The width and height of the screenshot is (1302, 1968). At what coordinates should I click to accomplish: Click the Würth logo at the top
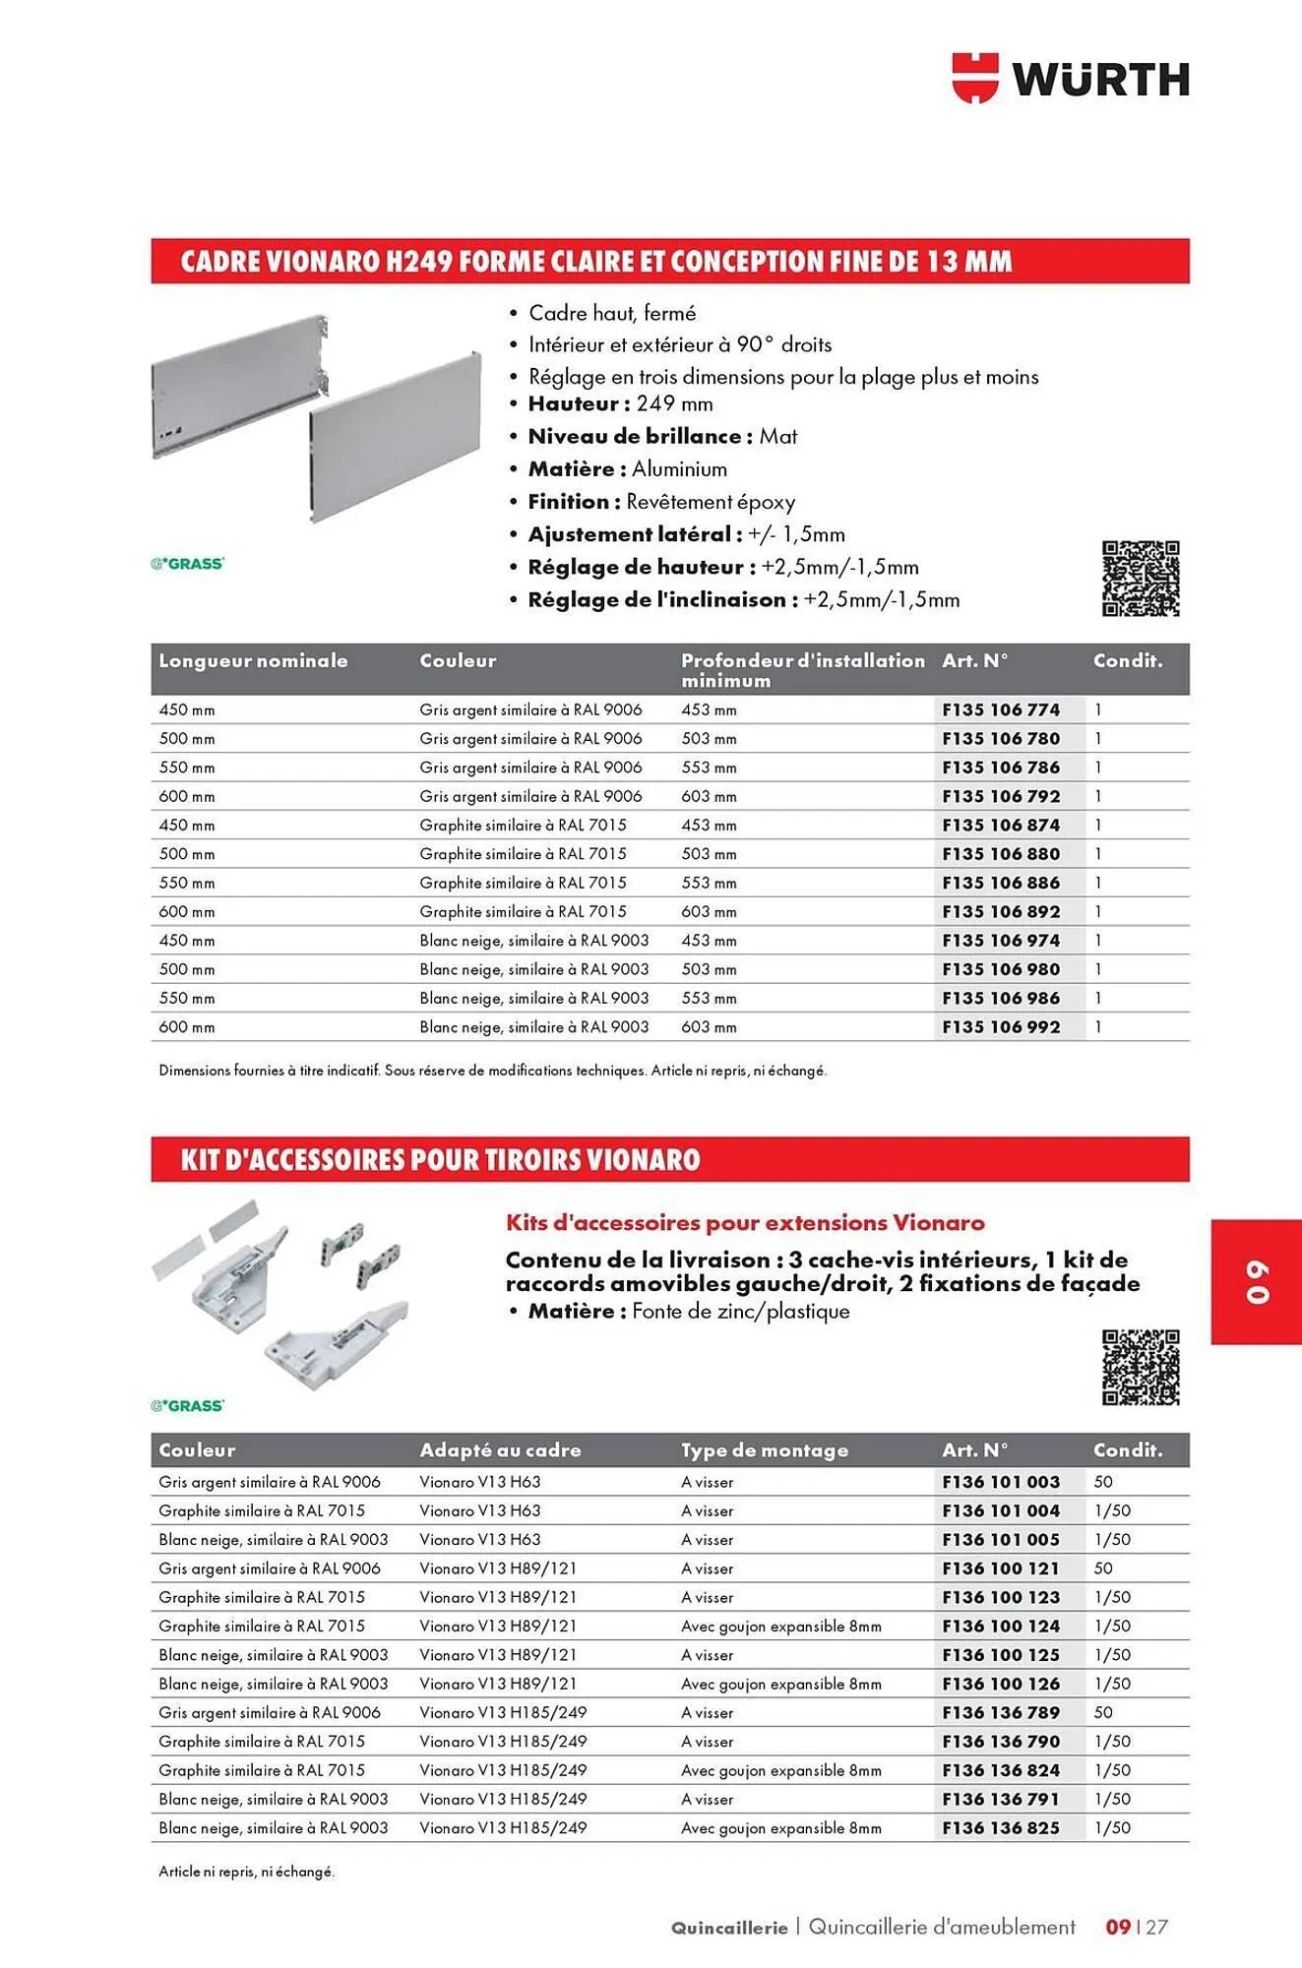[1071, 79]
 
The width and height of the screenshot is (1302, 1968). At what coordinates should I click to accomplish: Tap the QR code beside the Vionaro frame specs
[1141, 579]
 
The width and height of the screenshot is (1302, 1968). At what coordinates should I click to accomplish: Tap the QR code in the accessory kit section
[1141, 1367]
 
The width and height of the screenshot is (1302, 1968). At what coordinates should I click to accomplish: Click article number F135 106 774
[1001, 709]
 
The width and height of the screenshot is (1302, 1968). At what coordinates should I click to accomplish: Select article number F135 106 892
[1001, 911]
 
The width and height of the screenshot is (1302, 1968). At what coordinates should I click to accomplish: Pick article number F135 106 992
[1001, 1026]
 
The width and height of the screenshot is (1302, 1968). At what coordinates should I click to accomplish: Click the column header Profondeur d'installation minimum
[802, 669]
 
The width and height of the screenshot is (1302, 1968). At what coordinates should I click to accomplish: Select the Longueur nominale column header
[253, 660]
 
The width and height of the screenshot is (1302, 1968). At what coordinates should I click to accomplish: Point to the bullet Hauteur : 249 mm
[620, 403]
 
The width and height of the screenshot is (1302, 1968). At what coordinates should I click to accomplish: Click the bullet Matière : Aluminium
[627, 468]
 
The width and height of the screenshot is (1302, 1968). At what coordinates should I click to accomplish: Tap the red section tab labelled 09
[1256, 1281]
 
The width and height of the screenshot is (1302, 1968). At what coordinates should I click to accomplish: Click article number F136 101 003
[1001, 1481]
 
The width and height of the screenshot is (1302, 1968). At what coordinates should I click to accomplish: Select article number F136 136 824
[1001, 1769]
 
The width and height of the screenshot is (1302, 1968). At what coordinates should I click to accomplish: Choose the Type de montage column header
[764, 1449]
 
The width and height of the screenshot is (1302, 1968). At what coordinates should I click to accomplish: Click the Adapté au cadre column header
[500, 1449]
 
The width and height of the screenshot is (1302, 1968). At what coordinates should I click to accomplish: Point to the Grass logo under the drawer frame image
[187, 563]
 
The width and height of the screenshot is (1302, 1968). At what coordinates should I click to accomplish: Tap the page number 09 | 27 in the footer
[1137, 1927]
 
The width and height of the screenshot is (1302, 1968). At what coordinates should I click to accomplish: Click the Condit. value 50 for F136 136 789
[1103, 1712]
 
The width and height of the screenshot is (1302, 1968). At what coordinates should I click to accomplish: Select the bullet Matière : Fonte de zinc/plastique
[688, 1311]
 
